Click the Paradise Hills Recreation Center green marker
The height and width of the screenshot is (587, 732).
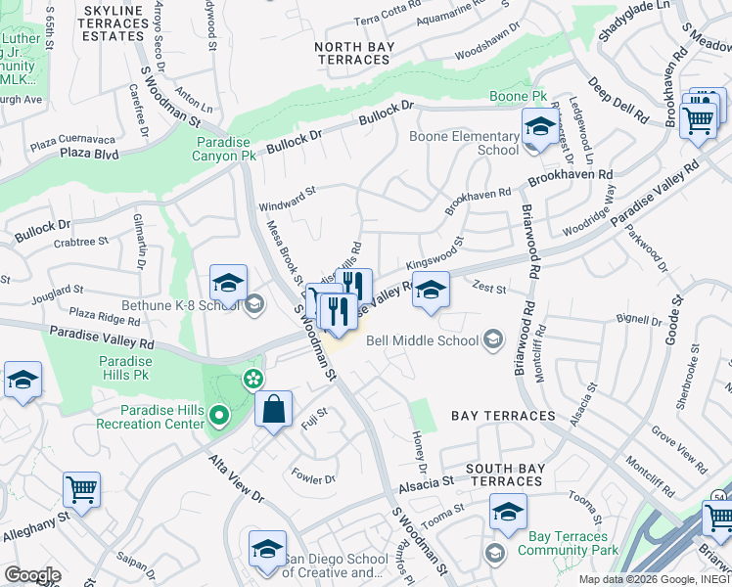(219, 418)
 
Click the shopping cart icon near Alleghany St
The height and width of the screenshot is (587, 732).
(82, 488)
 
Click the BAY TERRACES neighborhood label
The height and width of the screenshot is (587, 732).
(503, 416)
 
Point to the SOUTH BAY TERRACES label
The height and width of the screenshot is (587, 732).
(504, 474)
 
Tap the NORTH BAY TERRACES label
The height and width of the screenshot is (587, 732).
(354, 53)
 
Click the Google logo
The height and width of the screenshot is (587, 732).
(31, 574)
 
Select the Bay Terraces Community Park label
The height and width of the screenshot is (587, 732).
(555, 543)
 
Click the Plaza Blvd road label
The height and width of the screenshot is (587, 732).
(89, 155)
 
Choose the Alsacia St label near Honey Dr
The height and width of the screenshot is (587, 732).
(426, 482)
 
